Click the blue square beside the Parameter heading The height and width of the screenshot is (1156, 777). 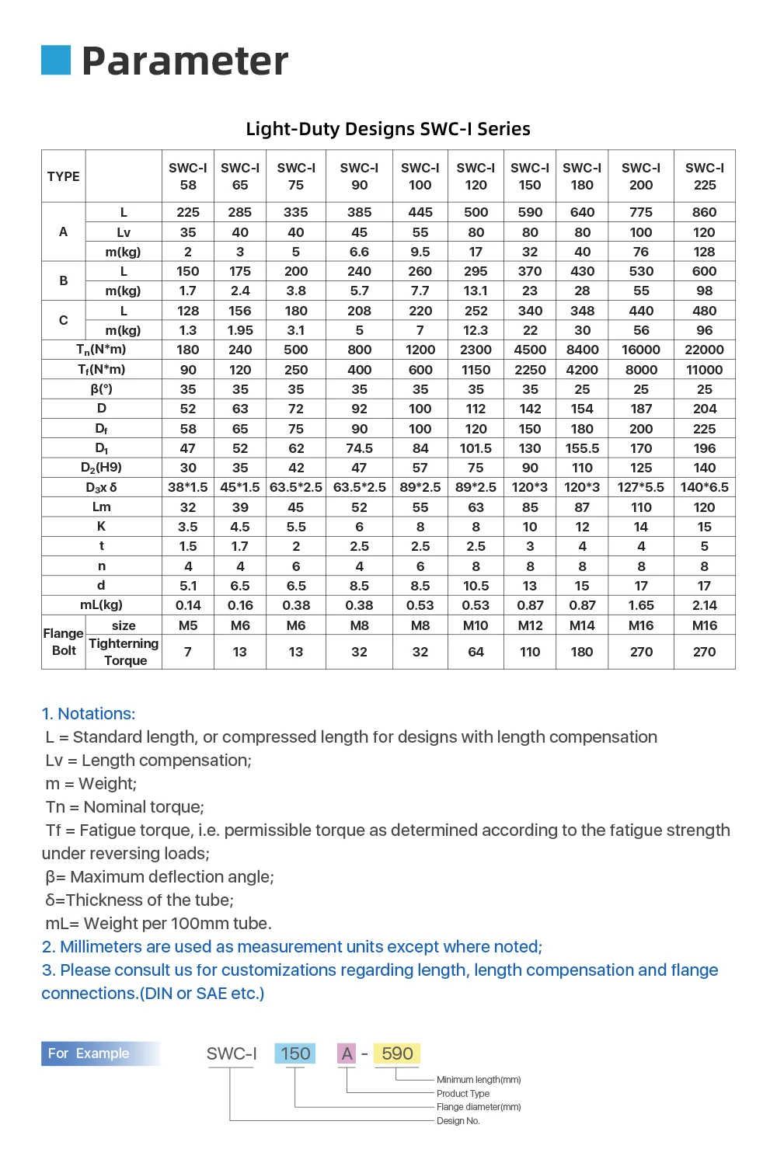[x=56, y=60]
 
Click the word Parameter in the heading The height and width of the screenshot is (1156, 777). [x=185, y=61]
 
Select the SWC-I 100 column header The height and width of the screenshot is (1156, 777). [x=420, y=176]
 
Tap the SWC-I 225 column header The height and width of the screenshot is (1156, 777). [x=705, y=176]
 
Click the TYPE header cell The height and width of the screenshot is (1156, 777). [x=64, y=176]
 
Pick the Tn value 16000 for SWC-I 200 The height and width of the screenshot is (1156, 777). [x=641, y=350]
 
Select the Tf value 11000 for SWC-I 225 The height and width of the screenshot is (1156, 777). [x=705, y=370]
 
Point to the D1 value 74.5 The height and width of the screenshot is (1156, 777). [x=359, y=448]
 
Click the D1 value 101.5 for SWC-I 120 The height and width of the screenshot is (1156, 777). [x=476, y=448]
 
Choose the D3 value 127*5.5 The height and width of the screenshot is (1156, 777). [x=641, y=487]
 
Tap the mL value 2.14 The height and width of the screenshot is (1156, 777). [x=705, y=605]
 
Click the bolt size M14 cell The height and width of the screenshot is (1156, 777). [x=582, y=625]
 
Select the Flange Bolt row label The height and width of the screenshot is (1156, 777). [x=64, y=642]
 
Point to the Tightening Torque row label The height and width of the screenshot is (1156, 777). [x=124, y=652]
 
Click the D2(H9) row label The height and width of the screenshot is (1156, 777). [x=102, y=468]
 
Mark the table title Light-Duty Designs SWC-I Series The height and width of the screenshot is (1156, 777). [x=388, y=129]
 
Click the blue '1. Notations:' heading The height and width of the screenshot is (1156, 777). [x=89, y=713]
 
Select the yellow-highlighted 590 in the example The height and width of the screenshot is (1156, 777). [x=397, y=1053]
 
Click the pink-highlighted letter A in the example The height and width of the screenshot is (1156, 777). [x=347, y=1053]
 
